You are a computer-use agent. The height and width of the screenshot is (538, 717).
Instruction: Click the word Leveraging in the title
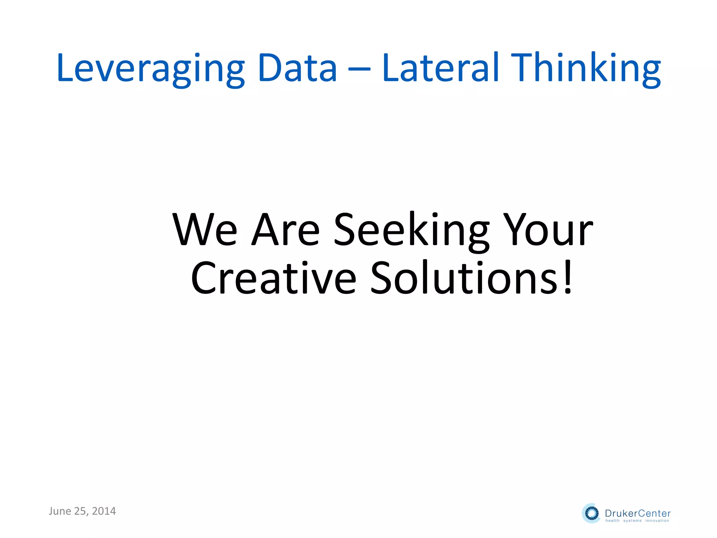coord(151,68)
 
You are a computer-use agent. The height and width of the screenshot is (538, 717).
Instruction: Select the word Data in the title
coord(297,68)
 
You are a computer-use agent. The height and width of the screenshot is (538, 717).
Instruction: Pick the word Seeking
coord(411,230)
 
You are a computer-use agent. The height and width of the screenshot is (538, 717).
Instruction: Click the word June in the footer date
coord(60,511)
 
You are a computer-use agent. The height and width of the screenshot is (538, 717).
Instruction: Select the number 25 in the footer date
coord(80,511)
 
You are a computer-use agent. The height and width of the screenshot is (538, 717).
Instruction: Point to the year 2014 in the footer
coord(104,511)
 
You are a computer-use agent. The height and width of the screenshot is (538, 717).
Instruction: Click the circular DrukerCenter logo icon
coord(591,513)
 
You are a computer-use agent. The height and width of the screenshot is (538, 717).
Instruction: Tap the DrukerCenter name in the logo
coord(638,513)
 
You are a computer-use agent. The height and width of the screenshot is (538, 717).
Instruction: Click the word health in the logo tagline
coord(612,520)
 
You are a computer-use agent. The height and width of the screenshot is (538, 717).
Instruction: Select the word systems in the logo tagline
coord(632,520)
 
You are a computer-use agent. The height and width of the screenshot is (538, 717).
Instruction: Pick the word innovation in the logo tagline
coord(657,520)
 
